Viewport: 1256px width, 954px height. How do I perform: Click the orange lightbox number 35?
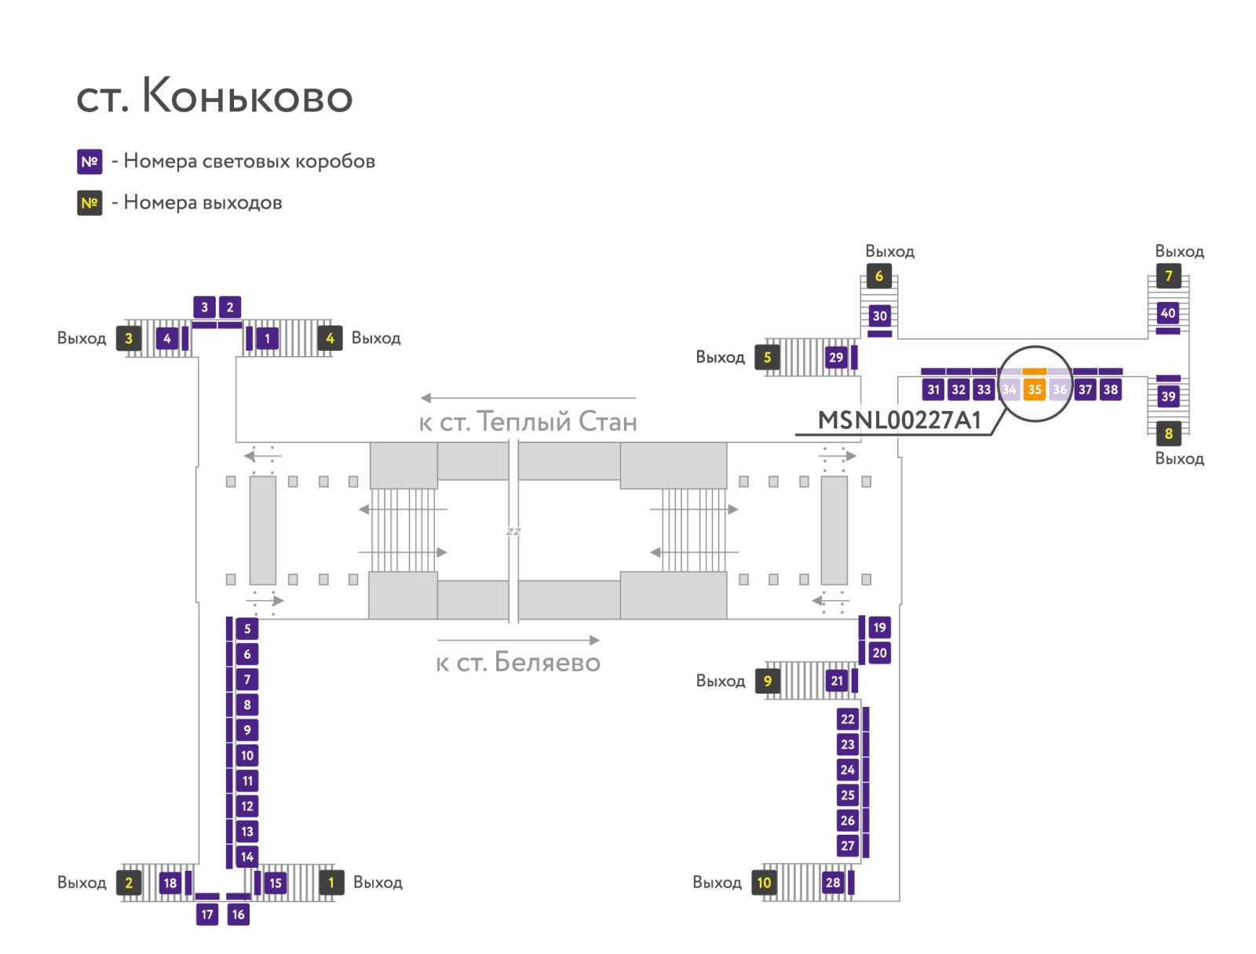point(1034,389)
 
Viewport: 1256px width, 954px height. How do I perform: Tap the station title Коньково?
point(214,96)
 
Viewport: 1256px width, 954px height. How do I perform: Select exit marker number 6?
point(878,276)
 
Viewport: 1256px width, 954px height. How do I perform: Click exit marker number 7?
point(1168,276)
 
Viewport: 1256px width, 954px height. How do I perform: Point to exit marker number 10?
point(764,883)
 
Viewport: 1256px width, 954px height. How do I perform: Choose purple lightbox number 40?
point(1167,313)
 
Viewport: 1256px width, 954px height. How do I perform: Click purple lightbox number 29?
point(836,358)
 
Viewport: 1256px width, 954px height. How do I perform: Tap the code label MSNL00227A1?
point(899,421)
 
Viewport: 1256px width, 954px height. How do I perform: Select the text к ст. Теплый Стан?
point(528,422)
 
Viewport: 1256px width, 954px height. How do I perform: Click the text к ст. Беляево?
point(518,662)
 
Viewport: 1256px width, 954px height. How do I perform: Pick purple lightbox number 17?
point(207,914)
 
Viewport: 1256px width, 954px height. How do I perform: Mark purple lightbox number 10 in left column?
point(247,756)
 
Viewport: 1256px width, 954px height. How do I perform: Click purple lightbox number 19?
point(879,628)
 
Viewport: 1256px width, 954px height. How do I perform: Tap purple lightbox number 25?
point(847,795)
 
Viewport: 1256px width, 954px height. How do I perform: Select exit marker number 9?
point(767,681)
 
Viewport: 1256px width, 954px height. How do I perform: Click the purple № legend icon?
point(89,162)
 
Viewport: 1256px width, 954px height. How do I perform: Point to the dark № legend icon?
point(89,203)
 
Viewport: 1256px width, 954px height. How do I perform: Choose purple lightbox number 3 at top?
point(204,307)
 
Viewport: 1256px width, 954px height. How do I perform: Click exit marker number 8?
point(1168,434)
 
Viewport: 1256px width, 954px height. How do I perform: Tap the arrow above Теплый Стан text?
point(528,398)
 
